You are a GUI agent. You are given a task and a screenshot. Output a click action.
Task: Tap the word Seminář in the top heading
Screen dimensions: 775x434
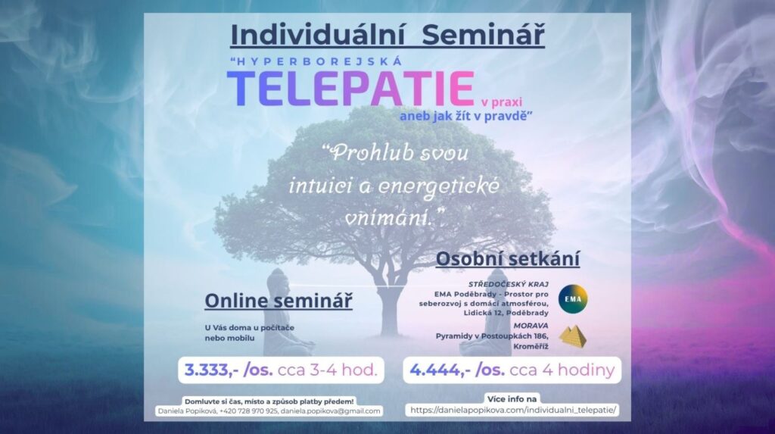[x=484, y=35]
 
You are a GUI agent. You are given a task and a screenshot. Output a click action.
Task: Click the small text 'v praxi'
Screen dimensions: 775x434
[x=501, y=102]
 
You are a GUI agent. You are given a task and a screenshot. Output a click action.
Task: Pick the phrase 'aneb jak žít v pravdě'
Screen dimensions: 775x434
[x=465, y=116]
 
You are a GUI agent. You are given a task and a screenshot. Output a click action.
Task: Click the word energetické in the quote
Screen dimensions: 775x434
[x=439, y=186]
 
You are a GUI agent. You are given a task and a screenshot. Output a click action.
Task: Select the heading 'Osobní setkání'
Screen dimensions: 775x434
[x=508, y=259]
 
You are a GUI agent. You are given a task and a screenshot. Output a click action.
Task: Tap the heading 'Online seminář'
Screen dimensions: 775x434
[x=279, y=301]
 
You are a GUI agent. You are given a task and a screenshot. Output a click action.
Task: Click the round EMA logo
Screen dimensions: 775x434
[x=573, y=299]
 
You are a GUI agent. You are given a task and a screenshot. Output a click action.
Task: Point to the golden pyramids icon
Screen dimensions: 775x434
[x=574, y=336]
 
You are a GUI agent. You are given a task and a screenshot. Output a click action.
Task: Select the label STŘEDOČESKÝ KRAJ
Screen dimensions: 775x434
[x=508, y=285]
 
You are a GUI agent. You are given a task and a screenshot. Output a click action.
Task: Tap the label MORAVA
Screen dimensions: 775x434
[x=531, y=326]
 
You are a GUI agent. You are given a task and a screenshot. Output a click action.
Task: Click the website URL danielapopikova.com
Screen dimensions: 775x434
[x=514, y=411]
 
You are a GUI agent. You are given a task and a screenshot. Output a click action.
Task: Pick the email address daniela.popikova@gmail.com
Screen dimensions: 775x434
[x=331, y=411]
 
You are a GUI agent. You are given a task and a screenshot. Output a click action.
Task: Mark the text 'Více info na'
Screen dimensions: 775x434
[x=512, y=399]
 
